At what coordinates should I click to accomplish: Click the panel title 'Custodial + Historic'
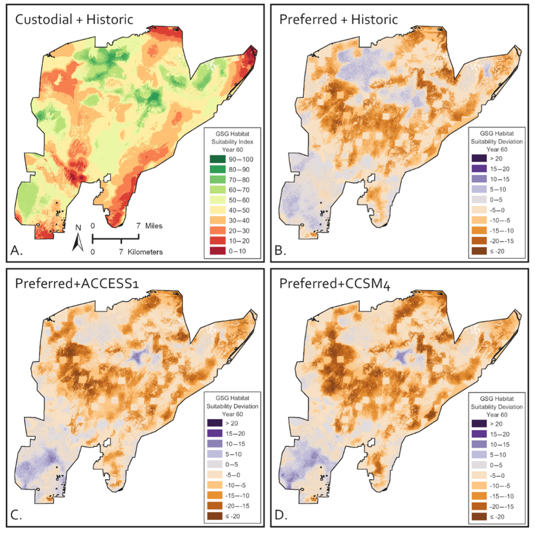[74, 20]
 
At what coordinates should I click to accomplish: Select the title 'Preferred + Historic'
[338, 20]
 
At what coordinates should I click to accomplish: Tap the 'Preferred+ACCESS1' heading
[77, 284]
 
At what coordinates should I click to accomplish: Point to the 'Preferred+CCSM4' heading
[335, 284]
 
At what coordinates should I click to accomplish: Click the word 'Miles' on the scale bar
[154, 226]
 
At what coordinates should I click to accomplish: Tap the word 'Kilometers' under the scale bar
[145, 252]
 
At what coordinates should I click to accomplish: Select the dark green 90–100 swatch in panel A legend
[217, 159]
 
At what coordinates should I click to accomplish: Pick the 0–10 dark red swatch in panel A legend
[217, 251]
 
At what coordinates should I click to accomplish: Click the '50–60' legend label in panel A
[239, 200]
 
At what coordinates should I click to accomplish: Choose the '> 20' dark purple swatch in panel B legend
[479, 158]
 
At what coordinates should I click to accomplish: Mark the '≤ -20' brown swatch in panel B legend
[479, 251]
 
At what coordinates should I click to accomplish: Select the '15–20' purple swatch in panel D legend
[479, 434]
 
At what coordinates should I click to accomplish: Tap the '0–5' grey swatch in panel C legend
[214, 464]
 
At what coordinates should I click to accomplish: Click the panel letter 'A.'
[16, 251]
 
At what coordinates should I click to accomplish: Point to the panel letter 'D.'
[281, 515]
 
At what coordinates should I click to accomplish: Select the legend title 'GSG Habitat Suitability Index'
[232, 138]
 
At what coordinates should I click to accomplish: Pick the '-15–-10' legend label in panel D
[502, 496]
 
